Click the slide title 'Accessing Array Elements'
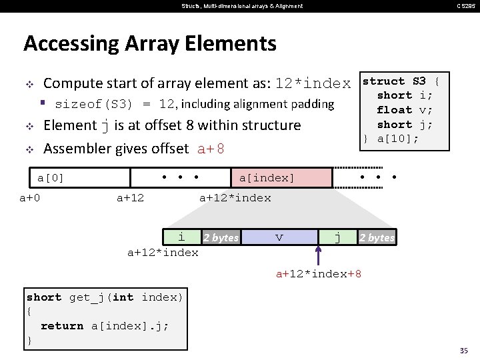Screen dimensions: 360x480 tap(149, 44)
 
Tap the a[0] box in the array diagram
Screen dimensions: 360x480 tap(80, 177)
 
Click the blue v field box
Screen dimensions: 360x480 tap(279, 237)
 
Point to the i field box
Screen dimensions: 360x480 tap(182, 237)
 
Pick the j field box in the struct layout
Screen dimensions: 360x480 tap(337, 237)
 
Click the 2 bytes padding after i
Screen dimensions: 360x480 tap(221, 237)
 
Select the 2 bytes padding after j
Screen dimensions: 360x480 tap(377, 237)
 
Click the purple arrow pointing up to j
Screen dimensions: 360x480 tap(319, 255)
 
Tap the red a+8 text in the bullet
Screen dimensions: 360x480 tap(211, 149)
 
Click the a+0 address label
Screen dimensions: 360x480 tap(29, 197)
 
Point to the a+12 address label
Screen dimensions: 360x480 tap(130, 197)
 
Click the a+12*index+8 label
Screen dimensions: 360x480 tap(319, 274)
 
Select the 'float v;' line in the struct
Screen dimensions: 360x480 tap(404, 109)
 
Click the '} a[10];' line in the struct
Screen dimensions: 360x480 tap(391, 139)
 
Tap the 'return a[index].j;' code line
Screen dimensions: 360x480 tap(105, 326)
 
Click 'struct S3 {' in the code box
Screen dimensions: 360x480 tap(400, 81)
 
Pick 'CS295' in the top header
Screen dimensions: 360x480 tap(465, 6)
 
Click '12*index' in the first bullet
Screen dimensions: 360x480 tap(313, 84)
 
